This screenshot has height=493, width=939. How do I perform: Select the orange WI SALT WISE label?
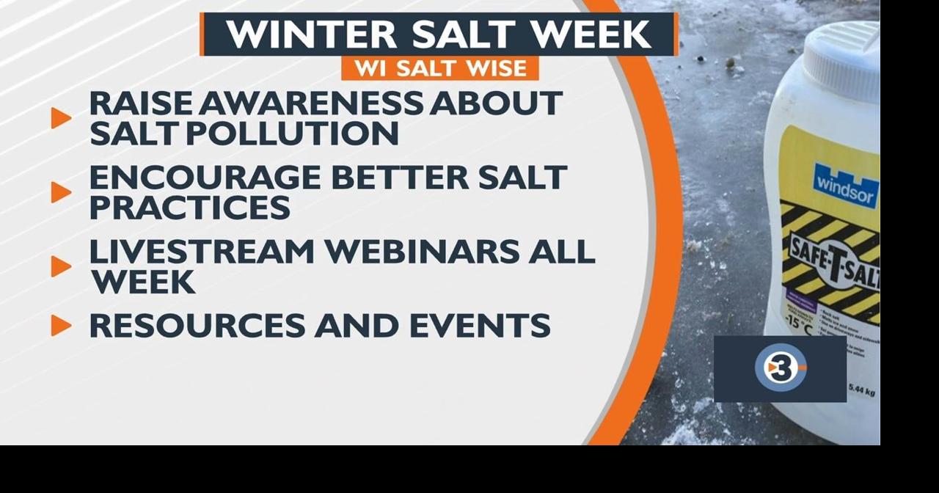(440, 68)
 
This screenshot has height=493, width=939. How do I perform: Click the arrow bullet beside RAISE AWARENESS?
(61, 118)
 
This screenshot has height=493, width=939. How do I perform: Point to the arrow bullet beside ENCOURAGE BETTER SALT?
(61, 192)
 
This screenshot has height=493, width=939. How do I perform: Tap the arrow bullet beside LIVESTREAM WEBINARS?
(61, 266)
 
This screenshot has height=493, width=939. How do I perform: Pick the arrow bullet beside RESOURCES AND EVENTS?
(61, 325)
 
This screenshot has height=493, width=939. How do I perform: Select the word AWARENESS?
(311, 103)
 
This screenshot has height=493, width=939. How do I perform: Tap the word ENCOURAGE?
(205, 178)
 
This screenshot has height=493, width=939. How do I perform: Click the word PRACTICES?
(189, 208)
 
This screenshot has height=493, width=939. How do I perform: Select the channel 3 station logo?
(780, 368)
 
